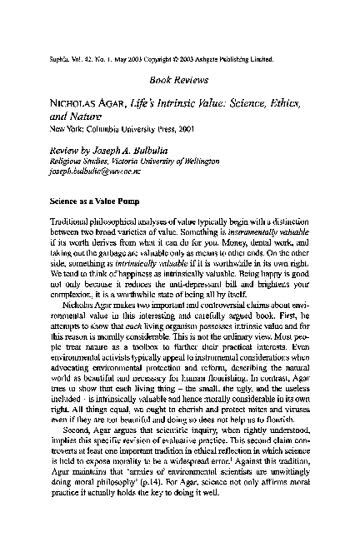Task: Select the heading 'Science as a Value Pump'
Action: point(90,201)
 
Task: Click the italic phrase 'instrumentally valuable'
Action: point(277,238)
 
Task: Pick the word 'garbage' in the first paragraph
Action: point(99,260)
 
